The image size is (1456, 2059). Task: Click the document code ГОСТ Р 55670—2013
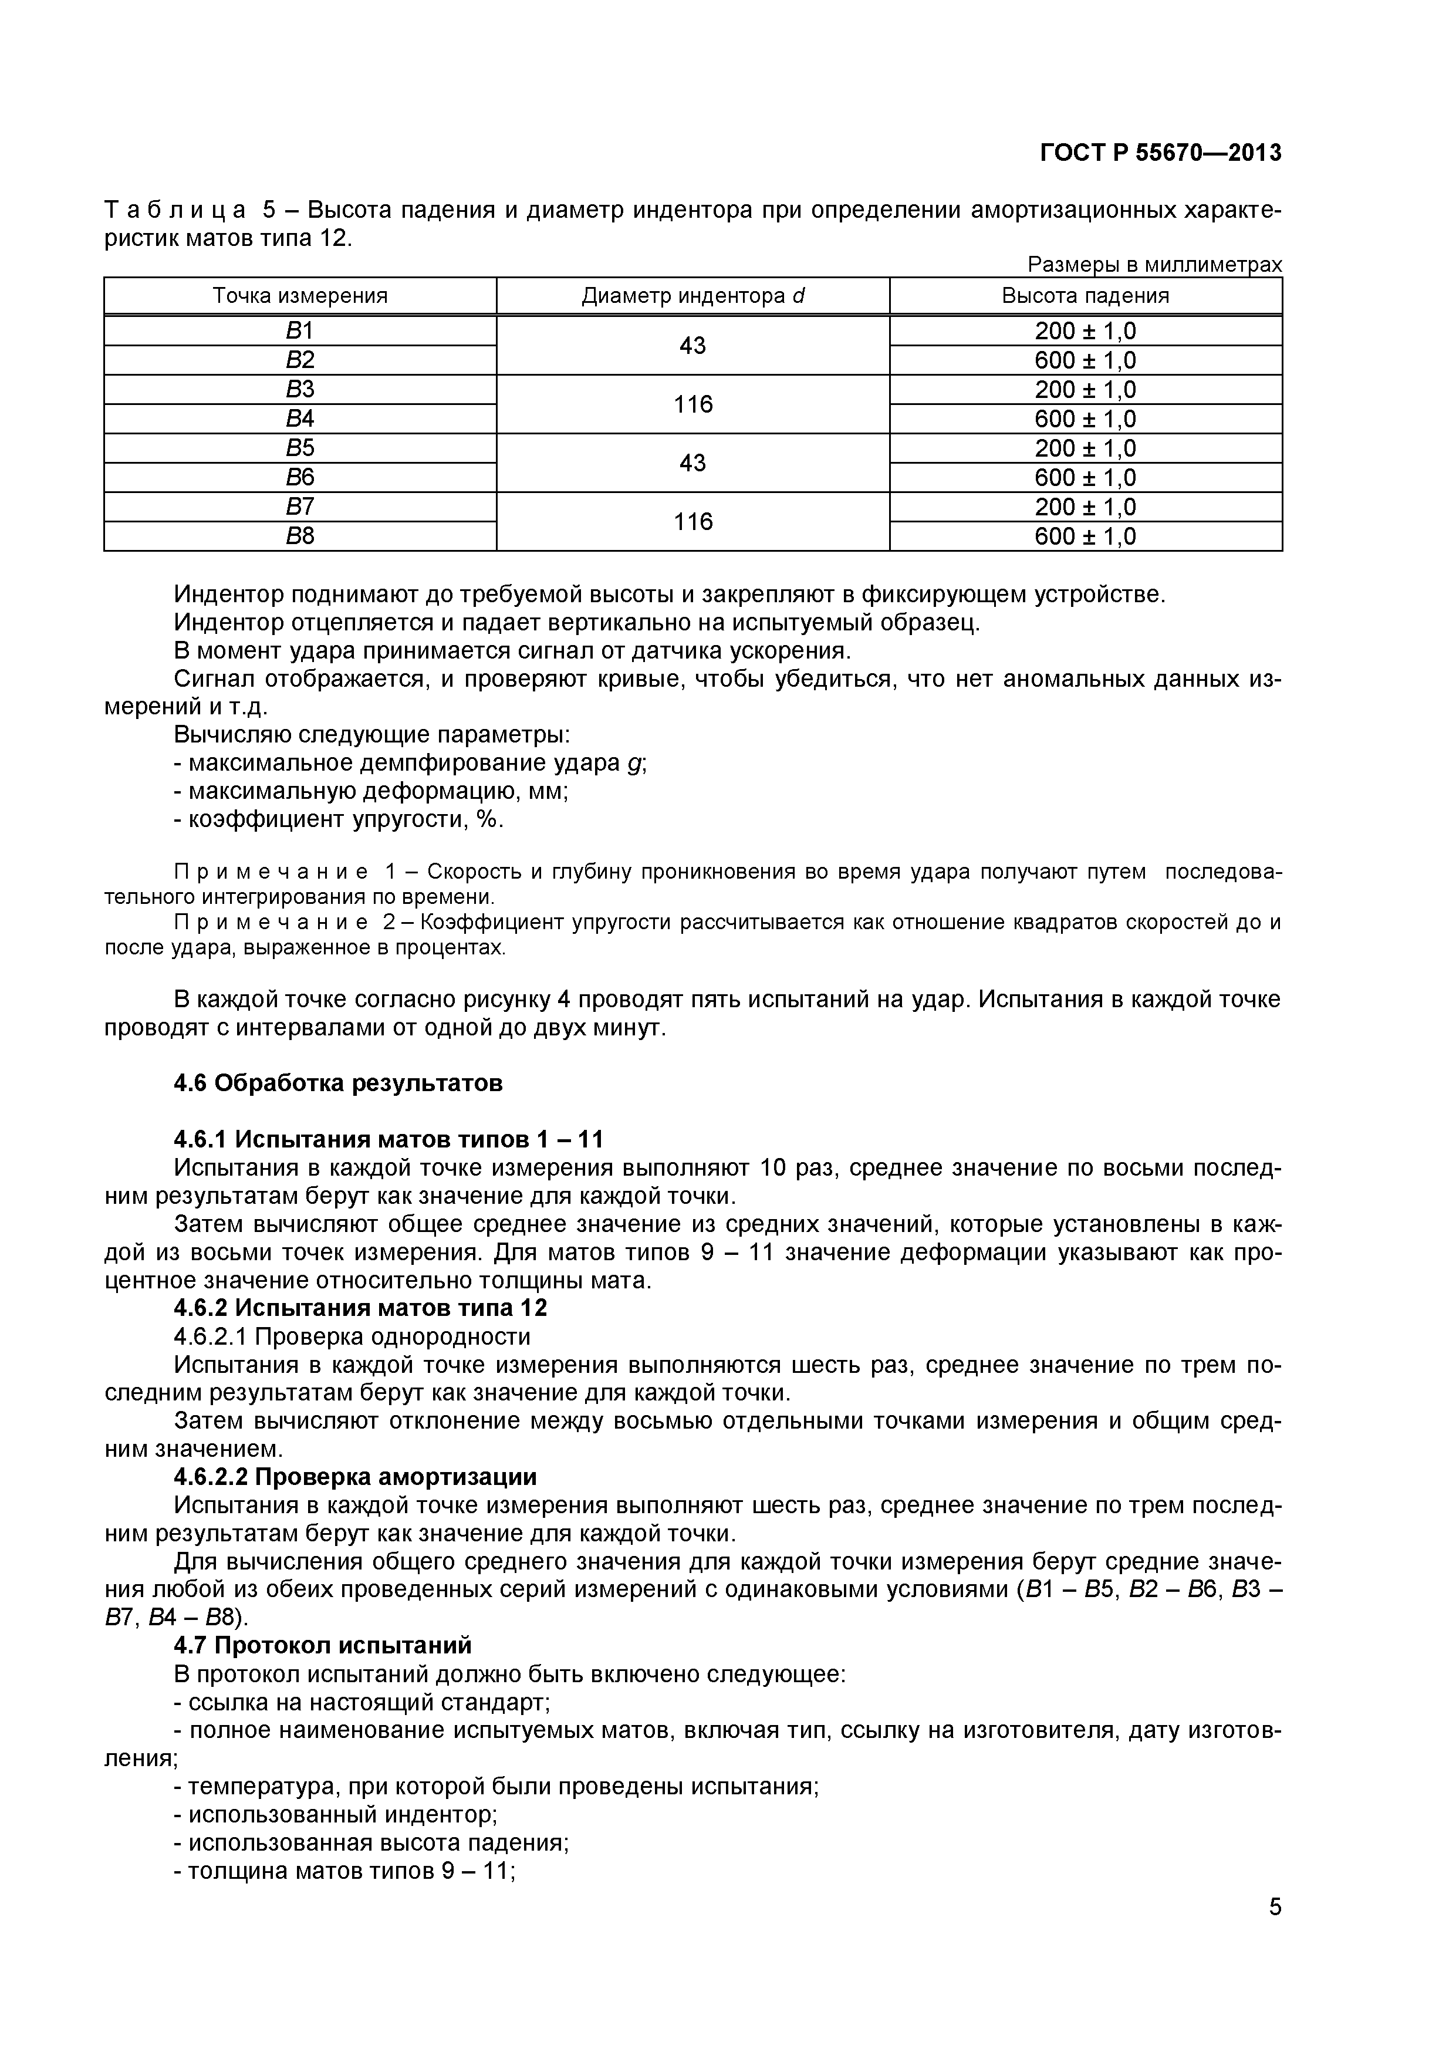coord(1160,153)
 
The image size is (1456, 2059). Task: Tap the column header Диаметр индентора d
coord(693,296)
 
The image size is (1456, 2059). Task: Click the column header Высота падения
coord(1085,296)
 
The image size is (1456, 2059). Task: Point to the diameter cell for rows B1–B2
coord(693,345)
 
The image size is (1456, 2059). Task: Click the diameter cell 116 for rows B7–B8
coord(693,521)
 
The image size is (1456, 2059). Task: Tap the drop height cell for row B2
coord(1085,360)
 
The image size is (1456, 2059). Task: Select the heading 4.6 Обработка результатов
coord(338,1083)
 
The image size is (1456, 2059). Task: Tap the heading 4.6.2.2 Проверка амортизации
coord(355,1477)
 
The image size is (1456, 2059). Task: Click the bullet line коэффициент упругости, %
coord(339,819)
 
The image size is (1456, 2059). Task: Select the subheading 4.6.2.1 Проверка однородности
coord(352,1336)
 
